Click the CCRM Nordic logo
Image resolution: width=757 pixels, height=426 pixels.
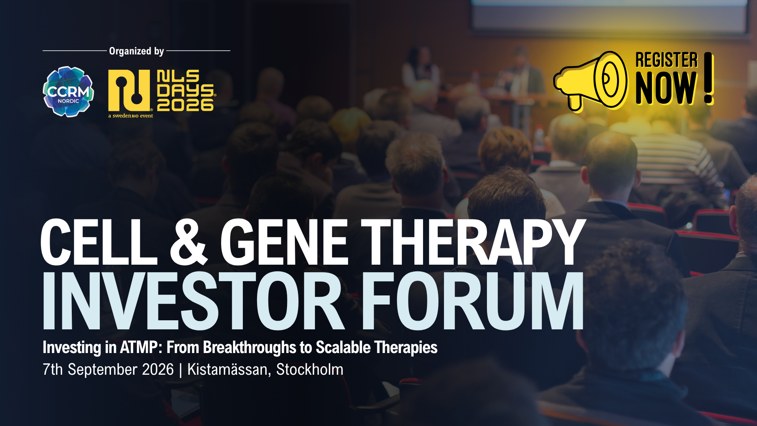point(68,92)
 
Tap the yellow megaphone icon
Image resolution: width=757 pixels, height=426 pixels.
point(590,81)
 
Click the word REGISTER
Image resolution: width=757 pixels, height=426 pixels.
point(666,60)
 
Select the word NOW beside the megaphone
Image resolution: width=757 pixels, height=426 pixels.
point(666,88)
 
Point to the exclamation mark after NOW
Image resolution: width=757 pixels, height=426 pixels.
point(709,78)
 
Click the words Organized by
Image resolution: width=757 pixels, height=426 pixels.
point(136,51)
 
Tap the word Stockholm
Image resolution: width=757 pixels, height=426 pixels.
point(310,370)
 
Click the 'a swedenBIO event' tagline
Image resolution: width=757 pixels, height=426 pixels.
point(131,116)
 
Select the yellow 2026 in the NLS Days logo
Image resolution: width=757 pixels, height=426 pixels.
point(185,105)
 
